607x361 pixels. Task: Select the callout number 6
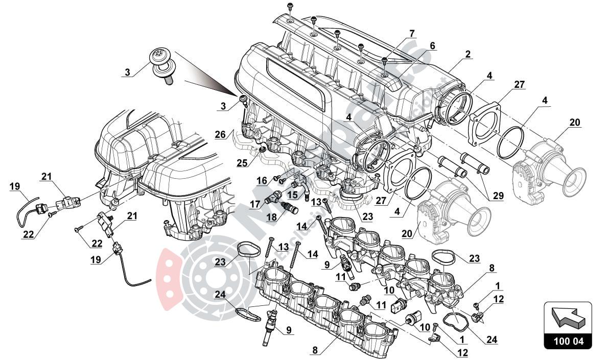(432, 46)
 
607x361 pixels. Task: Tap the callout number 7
(412, 34)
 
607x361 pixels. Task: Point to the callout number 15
(292, 195)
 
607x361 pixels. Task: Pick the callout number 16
(262, 180)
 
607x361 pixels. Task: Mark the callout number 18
(272, 217)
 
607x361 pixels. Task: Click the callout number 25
(241, 162)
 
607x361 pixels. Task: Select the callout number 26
(220, 135)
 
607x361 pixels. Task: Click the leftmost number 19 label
(15, 187)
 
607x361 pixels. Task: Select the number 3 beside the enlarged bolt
(128, 73)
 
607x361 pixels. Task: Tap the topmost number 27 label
(519, 85)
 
